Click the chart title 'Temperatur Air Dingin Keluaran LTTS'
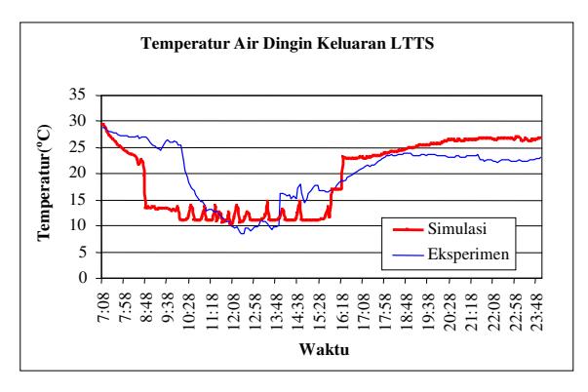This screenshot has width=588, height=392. point(288,44)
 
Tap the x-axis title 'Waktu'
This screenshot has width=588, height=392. point(324,349)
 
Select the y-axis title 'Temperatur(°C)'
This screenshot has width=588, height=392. point(44,182)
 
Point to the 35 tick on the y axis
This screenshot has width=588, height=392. point(78,95)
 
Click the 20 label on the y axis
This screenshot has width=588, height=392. point(78,173)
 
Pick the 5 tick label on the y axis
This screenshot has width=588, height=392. point(83,253)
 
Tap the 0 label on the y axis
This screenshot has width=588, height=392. point(83,278)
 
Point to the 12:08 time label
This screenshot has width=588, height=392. point(233,311)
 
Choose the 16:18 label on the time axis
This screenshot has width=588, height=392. point(341,311)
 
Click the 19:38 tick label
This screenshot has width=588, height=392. point(427,311)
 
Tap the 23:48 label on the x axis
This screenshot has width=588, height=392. point(536,311)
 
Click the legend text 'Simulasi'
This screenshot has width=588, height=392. point(457,228)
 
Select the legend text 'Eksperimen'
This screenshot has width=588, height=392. point(468,255)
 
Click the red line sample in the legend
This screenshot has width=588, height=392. point(408,229)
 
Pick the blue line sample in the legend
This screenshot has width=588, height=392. point(408,255)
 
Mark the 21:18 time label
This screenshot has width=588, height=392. point(471,311)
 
